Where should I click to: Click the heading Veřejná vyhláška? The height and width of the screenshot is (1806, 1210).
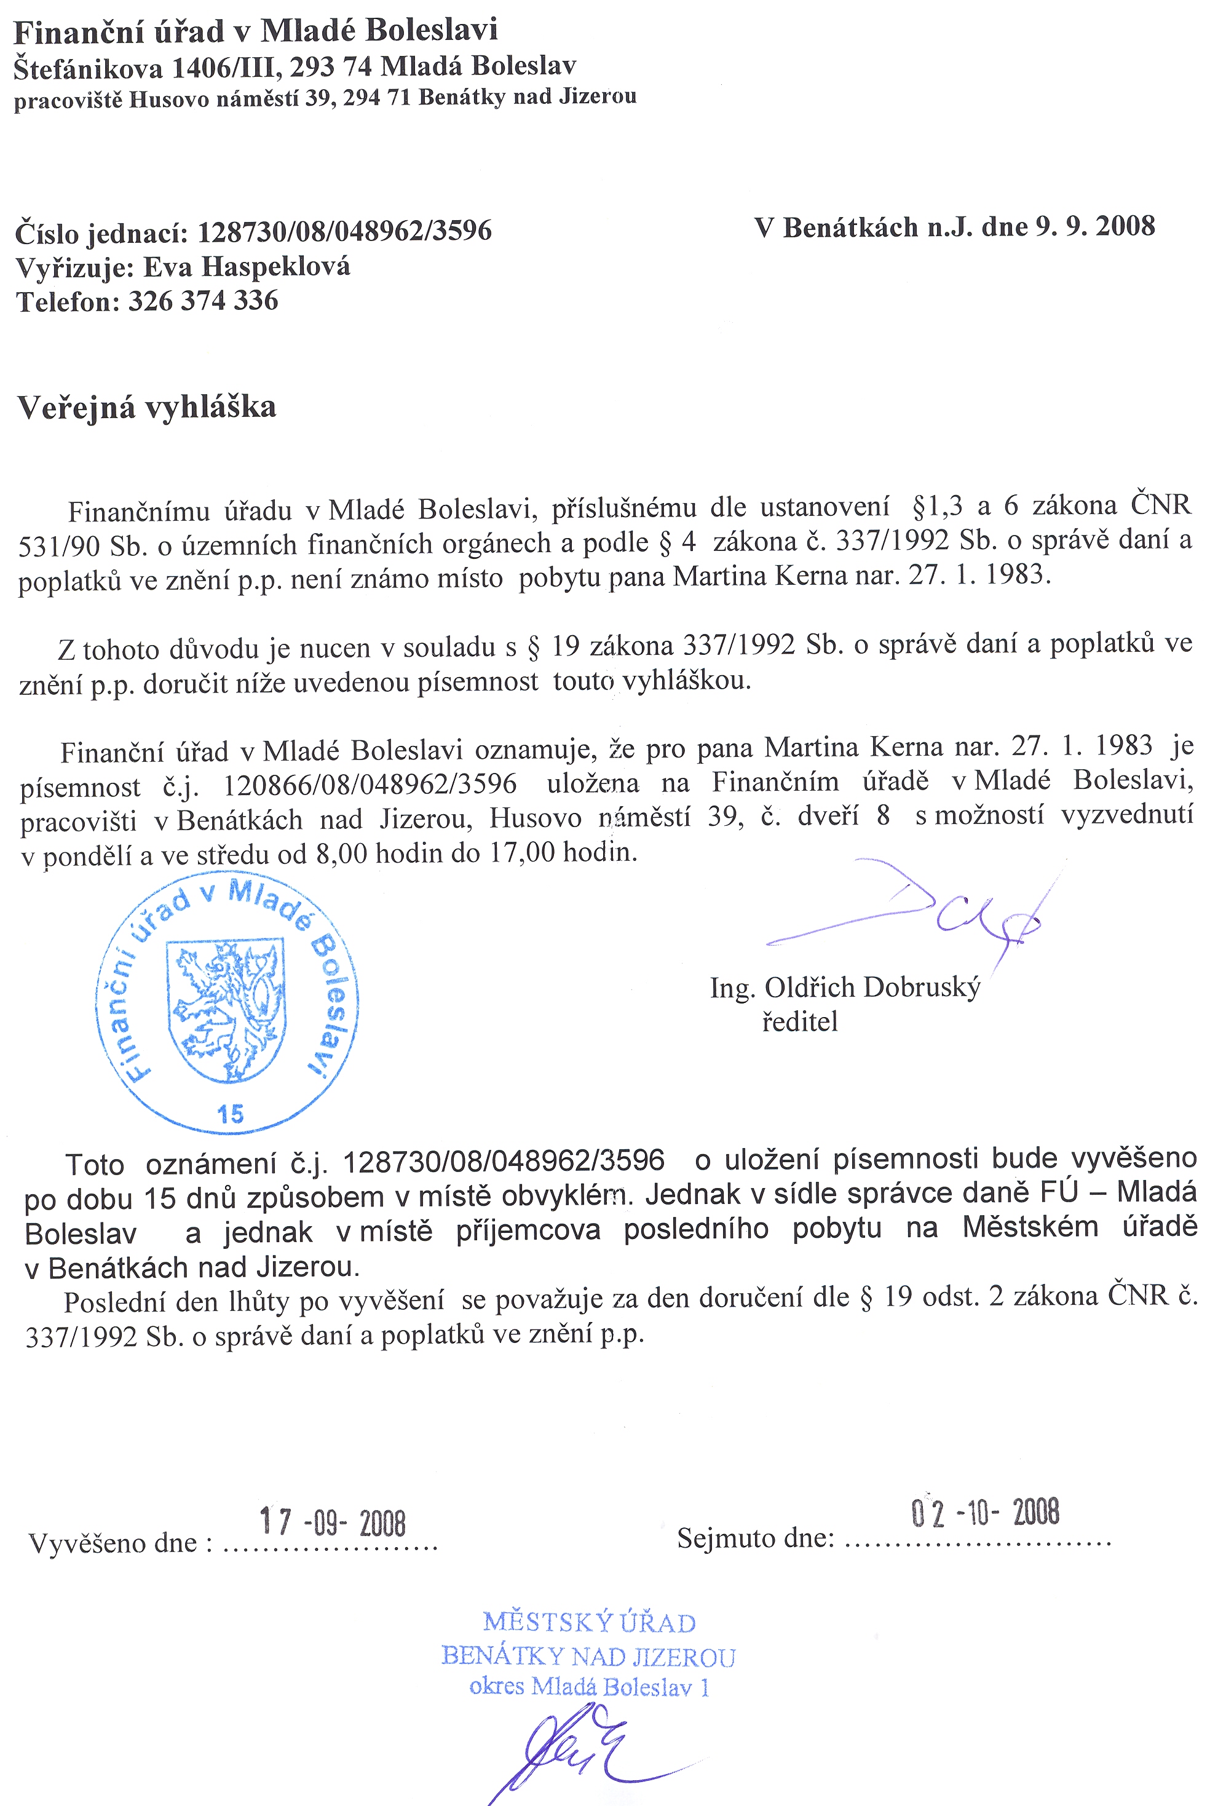pos(146,408)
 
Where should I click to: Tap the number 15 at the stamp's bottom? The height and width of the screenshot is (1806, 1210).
pos(230,1114)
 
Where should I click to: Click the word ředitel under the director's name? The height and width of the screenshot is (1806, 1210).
pos(799,1022)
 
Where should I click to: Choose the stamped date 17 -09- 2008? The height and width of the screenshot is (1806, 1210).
pos(333,1522)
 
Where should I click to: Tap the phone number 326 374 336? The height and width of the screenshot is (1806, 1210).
pos(203,301)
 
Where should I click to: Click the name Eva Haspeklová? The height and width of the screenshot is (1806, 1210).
pos(247,267)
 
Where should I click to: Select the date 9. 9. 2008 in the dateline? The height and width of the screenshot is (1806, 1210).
pos(1095,226)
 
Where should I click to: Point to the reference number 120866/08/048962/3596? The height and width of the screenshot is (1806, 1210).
pos(370,784)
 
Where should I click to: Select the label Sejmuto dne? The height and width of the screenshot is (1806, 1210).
pos(756,1538)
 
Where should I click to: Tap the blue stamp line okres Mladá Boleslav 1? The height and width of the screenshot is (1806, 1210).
pos(589,1687)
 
